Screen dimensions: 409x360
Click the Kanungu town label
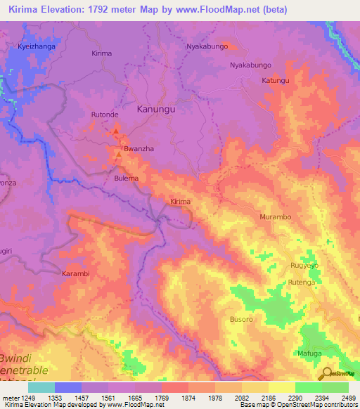click(155, 110)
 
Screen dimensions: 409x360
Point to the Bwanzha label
click(138, 150)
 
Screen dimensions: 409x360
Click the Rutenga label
click(301, 283)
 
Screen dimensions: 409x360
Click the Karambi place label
click(76, 273)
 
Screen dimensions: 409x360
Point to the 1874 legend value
click(188, 397)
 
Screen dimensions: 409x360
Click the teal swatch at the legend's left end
click(41, 387)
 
